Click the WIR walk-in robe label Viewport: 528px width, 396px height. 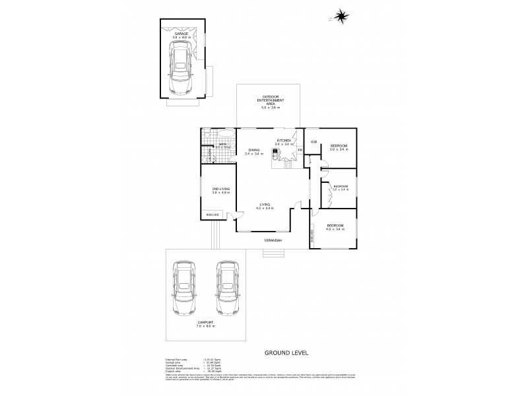tap(315, 142)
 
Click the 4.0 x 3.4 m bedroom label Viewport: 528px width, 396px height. tap(337, 228)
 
